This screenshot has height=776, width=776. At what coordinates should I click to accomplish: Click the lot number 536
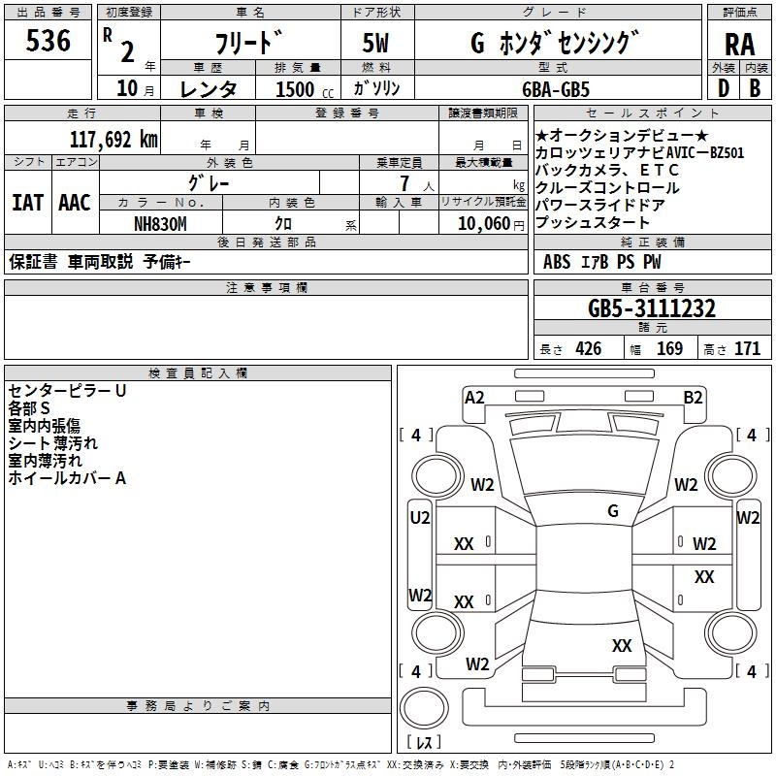pos(48,40)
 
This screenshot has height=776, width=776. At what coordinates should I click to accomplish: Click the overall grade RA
pos(739,45)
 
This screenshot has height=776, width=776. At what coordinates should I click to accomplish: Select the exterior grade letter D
pos(723,88)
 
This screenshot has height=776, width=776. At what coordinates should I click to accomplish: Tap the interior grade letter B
pos(755,88)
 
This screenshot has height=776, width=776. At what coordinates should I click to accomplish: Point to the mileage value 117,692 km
pos(113,139)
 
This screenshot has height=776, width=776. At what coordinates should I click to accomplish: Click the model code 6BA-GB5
pos(556,89)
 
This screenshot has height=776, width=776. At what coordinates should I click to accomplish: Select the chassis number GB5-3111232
pos(651,308)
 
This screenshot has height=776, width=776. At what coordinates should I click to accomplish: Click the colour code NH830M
pos(160,224)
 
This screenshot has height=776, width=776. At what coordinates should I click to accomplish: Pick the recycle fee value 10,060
pos(484,224)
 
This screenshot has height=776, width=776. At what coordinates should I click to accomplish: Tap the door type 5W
pos(375,43)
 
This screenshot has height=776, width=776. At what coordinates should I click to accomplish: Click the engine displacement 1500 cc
pos(305,89)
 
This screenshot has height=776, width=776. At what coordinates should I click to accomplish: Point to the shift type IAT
pos(28,203)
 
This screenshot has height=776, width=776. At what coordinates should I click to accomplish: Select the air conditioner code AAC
pos(75,203)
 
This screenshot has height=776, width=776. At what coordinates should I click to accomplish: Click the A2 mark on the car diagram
pos(474,398)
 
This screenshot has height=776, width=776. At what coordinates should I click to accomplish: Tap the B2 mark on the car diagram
pos(693,398)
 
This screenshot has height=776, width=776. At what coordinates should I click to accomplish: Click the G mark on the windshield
pos(613,511)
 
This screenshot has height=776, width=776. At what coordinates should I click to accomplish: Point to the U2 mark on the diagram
pos(420,518)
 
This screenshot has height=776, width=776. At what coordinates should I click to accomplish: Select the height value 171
pos(747,348)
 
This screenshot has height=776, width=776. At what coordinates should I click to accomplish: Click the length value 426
pos(589,348)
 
